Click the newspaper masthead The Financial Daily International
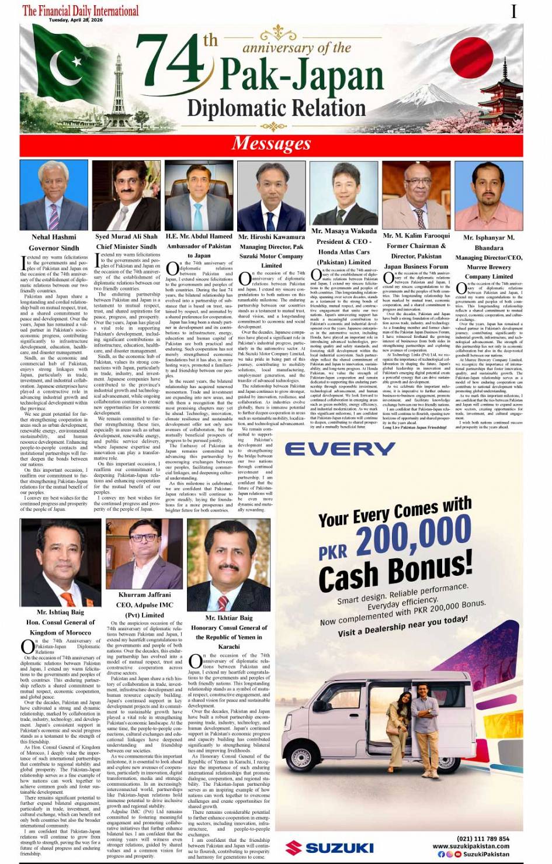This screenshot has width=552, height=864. (81, 10)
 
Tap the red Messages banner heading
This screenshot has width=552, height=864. (271, 143)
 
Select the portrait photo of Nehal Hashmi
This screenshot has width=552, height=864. (54, 195)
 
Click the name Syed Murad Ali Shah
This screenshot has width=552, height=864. (126, 237)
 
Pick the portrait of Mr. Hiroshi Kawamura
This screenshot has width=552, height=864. (271, 197)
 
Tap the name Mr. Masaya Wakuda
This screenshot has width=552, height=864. (344, 231)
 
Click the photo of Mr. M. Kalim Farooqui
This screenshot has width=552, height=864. (416, 195)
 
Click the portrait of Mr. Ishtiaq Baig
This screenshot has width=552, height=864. (60, 562)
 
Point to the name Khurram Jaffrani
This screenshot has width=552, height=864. (144, 595)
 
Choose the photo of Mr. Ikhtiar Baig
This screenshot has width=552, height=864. (228, 571)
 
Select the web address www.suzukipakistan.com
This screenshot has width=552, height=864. (470, 846)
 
